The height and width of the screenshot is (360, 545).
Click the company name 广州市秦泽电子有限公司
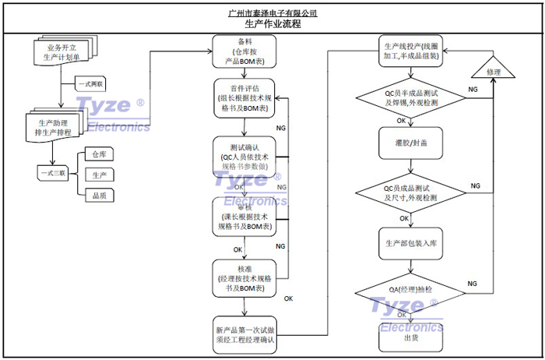273,13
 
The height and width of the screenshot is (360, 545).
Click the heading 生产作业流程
273,24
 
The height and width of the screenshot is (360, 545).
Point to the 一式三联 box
52,171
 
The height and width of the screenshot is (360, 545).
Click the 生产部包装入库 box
411,243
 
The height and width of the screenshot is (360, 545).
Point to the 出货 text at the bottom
411,338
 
